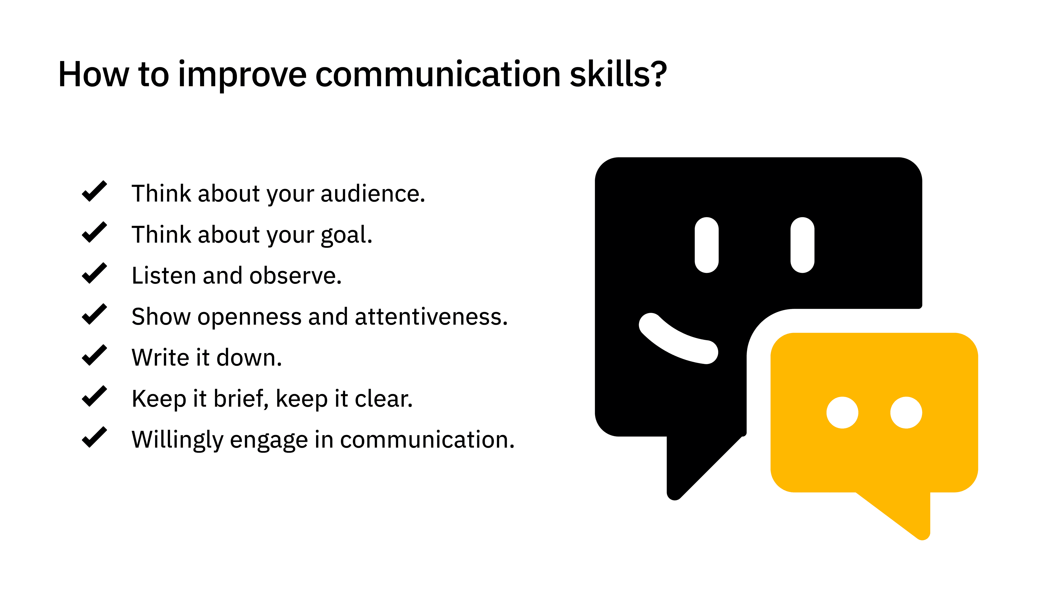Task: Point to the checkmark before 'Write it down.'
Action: pos(94,355)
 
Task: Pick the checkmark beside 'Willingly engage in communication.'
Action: pos(94,437)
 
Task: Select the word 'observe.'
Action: pos(296,275)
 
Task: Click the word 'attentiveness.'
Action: pos(431,317)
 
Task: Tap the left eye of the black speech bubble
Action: pos(707,245)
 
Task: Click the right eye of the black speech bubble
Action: pos(802,245)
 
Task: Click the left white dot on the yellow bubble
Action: pos(842,412)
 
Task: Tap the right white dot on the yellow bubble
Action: pos(906,412)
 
